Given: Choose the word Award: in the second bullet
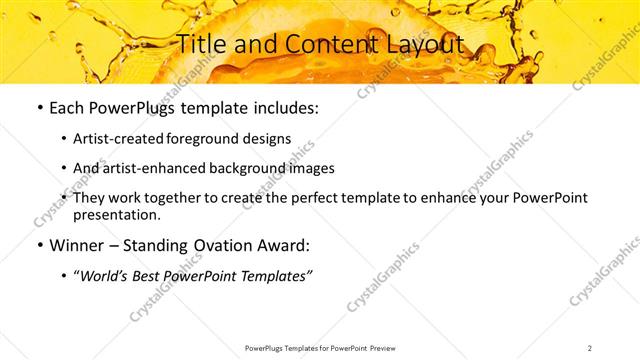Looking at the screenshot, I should click(x=287, y=245).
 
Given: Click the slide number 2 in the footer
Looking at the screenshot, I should click(x=591, y=347).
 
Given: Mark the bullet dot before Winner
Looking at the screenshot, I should click(x=38, y=246).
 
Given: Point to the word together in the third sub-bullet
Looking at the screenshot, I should click(x=195, y=197).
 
